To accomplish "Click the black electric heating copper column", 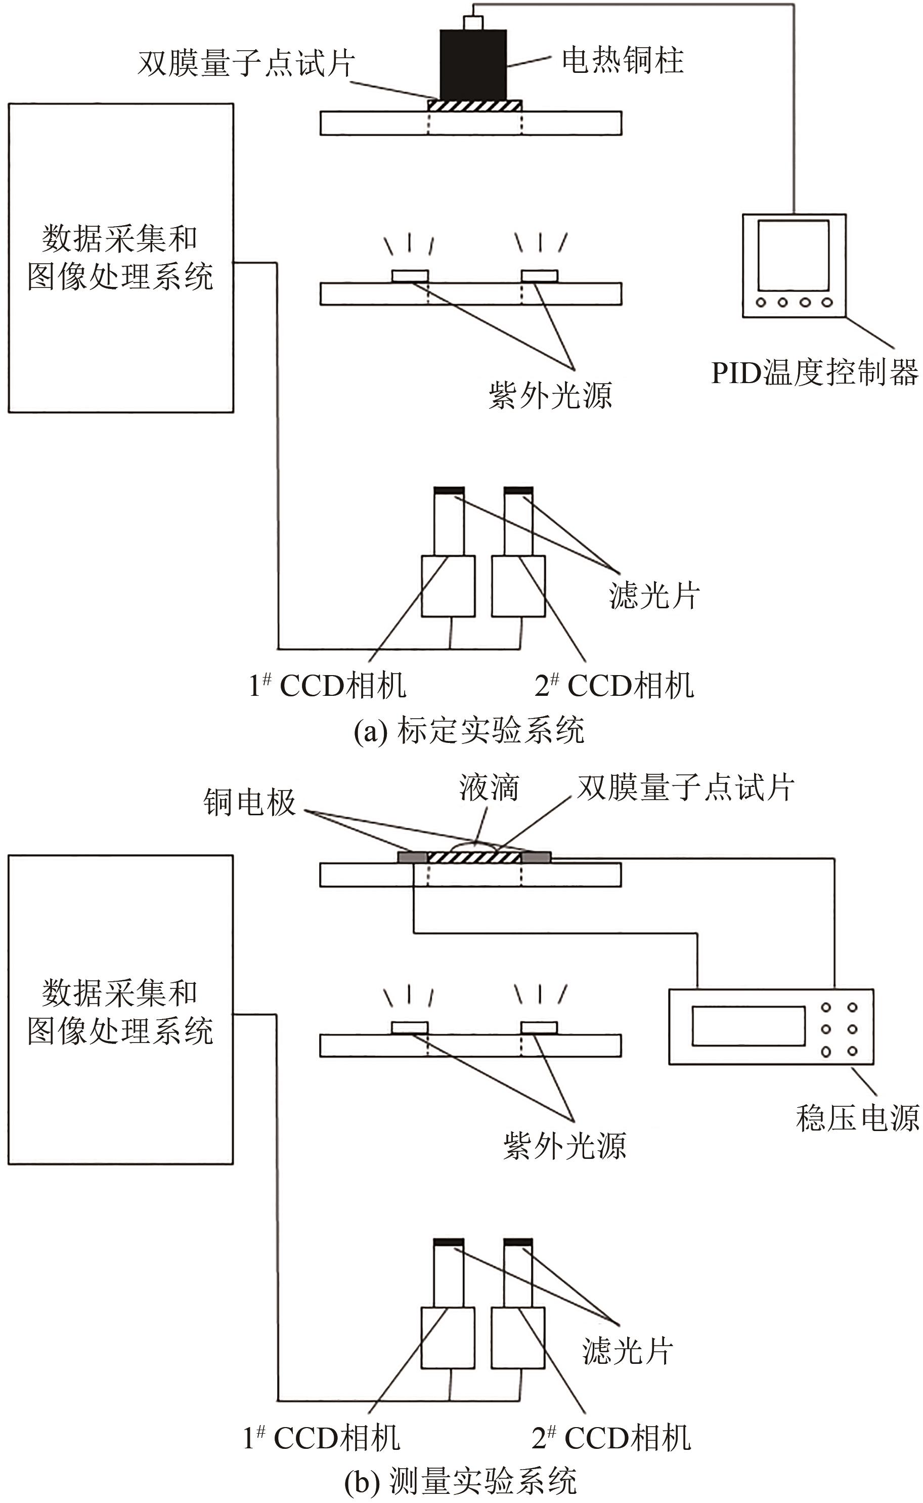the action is point(474,65).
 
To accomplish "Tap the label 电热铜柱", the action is point(623,60).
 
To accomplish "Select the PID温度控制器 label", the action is point(815,372).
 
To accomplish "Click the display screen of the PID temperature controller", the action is point(794,255).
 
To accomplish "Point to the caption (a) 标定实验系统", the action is point(469,730).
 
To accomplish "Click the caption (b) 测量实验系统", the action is point(461,1481).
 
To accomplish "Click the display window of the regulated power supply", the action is point(749,1026).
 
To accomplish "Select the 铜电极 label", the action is point(250,802).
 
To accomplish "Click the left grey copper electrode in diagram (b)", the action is point(413,858).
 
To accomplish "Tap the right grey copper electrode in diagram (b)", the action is point(537,858).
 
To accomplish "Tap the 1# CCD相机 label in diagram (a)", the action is point(327,685).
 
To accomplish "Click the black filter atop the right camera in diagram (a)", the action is point(518,490).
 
